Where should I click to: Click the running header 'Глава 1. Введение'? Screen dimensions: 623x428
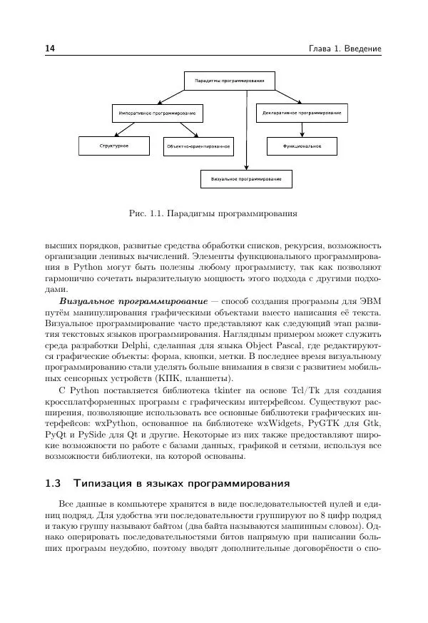click(345, 49)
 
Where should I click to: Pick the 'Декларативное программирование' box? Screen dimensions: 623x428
click(301, 113)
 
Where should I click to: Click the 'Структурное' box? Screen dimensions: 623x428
click(114, 146)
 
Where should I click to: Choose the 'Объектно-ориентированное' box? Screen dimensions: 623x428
click(198, 146)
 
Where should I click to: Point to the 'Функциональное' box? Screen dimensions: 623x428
click(302, 146)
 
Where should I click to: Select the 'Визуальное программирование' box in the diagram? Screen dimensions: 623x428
click(246, 178)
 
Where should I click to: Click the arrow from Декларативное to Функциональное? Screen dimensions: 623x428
click(302, 129)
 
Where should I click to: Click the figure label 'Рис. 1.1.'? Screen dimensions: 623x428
click(146, 213)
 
